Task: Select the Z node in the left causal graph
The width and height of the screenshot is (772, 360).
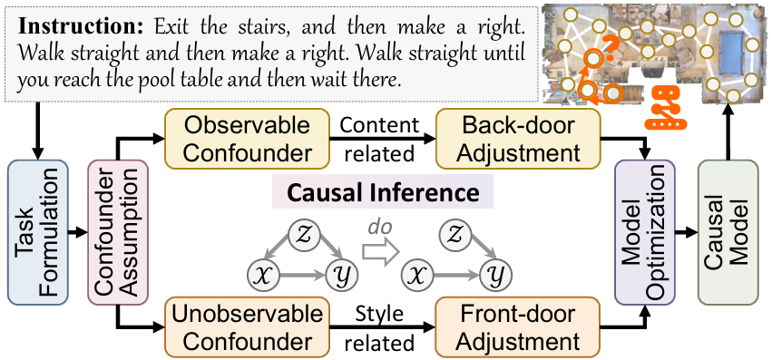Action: (x=302, y=234)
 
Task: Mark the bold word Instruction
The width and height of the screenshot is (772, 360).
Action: (x=61, y=19)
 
